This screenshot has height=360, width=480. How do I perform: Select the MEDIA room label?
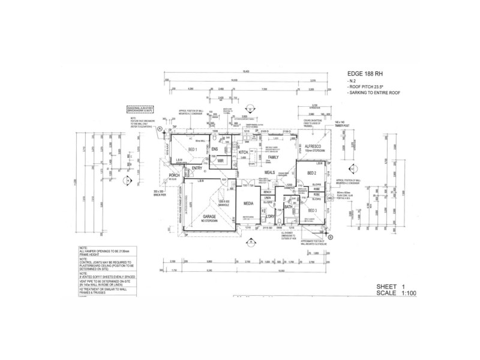pos(249,203)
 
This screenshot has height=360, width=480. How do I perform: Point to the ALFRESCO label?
pos(315,146)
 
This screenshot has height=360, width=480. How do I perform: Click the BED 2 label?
pos(312,173)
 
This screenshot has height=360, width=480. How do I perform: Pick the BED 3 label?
pos(312,211)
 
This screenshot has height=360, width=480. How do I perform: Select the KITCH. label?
pos(244,153)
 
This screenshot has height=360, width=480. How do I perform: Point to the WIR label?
pos(220,161)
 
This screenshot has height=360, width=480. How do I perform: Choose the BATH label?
pos(288,207)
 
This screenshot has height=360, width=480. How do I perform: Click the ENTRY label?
pos(197,169)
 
